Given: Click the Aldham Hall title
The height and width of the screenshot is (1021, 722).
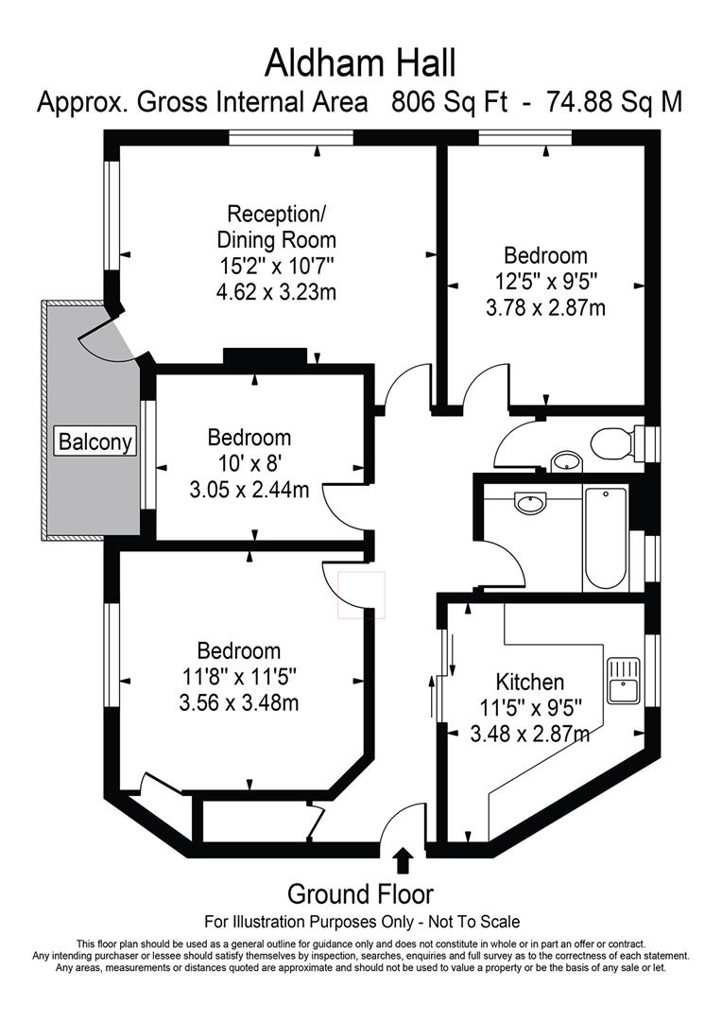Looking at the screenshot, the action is [x=360, y=64].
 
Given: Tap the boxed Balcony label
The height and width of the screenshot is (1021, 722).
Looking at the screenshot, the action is [x=95, y=441].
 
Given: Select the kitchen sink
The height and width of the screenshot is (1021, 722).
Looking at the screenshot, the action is [x=624, y=681].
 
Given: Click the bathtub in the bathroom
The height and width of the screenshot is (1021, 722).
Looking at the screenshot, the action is [x=606, y=537].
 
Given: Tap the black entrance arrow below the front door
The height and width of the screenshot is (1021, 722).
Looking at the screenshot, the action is [x=404, y=859].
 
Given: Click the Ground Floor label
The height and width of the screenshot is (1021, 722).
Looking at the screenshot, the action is [x=360, y=894].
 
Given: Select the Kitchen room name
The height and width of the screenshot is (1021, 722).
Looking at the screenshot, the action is [x=530, y=682].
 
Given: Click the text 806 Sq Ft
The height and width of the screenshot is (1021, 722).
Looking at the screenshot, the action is [x=449, y=102].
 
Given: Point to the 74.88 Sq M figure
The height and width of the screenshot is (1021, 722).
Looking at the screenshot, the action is [x=614, y=102].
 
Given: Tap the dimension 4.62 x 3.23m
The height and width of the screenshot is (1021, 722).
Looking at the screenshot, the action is [x=276, y=291].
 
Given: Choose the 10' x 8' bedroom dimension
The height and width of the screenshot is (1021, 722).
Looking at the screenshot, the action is [x=249, y=463].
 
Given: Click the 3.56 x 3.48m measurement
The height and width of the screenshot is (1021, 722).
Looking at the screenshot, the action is [x=239, y=702].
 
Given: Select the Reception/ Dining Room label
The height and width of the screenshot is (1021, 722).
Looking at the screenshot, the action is [x=276, y=226].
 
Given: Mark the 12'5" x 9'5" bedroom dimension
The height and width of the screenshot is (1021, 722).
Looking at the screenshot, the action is [x=545, y=281].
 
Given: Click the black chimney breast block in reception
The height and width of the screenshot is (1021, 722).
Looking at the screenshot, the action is [x=265, y=356].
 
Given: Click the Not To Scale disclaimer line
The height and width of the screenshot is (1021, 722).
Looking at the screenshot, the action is [x=362, y=922].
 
